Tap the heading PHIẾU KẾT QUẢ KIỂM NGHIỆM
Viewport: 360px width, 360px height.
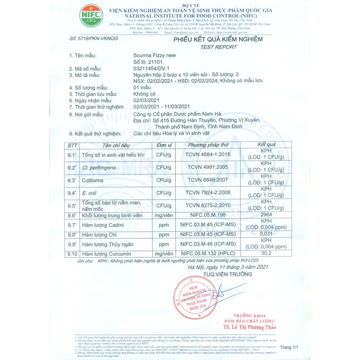(218, 39)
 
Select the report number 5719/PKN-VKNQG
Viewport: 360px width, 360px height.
(94, 38)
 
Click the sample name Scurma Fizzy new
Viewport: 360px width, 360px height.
(155, 55)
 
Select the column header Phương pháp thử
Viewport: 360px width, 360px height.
(208, 145)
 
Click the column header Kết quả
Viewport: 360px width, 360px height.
(266, 145)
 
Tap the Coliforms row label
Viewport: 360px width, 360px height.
(92, 180)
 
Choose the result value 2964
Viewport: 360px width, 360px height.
(266, 214)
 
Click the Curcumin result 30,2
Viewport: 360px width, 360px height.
(266, 253)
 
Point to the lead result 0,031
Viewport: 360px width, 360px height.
(266, 234)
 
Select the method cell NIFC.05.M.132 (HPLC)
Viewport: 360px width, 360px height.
(208, 253)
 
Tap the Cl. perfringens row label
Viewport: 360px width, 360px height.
(98, 168)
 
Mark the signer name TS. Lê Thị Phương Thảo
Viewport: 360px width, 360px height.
(249, 327)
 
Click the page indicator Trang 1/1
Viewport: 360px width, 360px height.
(289, 347)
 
